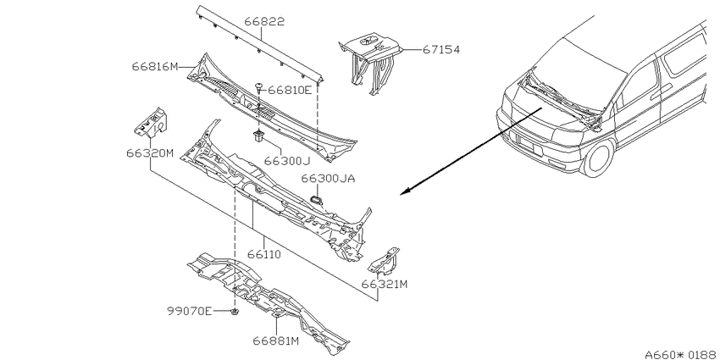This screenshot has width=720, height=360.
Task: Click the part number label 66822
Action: [x=264, y=21]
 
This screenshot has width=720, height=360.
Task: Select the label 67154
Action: [x=440, y=50]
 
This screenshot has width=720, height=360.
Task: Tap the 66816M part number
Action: [x=155, y=67]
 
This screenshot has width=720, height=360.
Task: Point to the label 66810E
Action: [x=290, y=90]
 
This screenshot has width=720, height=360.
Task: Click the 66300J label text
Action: [x=287, y=161]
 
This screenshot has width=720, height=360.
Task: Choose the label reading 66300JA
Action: [x=328, y=179]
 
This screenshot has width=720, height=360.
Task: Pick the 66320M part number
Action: [x=150, y=153]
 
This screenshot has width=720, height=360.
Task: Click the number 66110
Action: [x=264, y=254]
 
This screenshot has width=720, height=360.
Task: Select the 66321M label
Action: [x=385, y=285]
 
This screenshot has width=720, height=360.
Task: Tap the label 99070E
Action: [x=189, y=312]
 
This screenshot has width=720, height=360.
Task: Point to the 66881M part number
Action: [x=276, y=341]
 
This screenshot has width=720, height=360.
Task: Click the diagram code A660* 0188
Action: [x=680, y=354]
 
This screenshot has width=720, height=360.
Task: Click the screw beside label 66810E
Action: [x=259, y=86]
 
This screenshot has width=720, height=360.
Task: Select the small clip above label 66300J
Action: [x=258, y=136]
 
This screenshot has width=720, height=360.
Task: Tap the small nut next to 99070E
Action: [x=235, y=313]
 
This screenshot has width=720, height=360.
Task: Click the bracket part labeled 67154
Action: [x=370, y=64]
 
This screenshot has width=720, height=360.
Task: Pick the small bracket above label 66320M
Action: [x=151, y=122]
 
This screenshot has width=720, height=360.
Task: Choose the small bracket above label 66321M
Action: [x=384, y=263]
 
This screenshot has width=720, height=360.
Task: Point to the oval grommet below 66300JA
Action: [x=317, y=200]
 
